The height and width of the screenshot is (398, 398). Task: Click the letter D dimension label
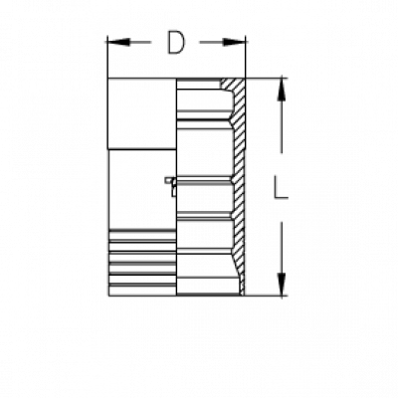click(176, 43)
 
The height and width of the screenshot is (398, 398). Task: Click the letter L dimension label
click(281, 187)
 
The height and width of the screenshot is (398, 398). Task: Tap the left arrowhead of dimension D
click(118, 42)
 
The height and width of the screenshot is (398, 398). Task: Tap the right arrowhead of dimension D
click(234, 42)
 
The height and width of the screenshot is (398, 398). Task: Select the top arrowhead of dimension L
click(282, 89)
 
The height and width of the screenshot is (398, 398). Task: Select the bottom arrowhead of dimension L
click(282, 284)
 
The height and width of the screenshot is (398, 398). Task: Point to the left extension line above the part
click(107, 57)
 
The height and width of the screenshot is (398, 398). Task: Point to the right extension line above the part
click(246, 57)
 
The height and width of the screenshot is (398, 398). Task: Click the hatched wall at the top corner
click(236, 87)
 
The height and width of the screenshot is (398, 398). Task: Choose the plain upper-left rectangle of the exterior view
click(142, 113)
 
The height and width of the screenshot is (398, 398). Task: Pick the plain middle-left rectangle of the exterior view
click(142, 189)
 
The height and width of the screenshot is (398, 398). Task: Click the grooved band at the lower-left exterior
click(142, 262)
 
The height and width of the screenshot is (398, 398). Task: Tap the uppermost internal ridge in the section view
click(204, 115)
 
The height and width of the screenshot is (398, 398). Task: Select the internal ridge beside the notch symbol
click(204, 181)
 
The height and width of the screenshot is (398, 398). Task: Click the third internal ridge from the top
click(204, 217)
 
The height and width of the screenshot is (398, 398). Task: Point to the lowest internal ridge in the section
click(204, 252)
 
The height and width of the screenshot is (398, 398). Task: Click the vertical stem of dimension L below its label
click(282, 247)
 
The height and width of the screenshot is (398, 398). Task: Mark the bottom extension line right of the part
click(267, 295)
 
